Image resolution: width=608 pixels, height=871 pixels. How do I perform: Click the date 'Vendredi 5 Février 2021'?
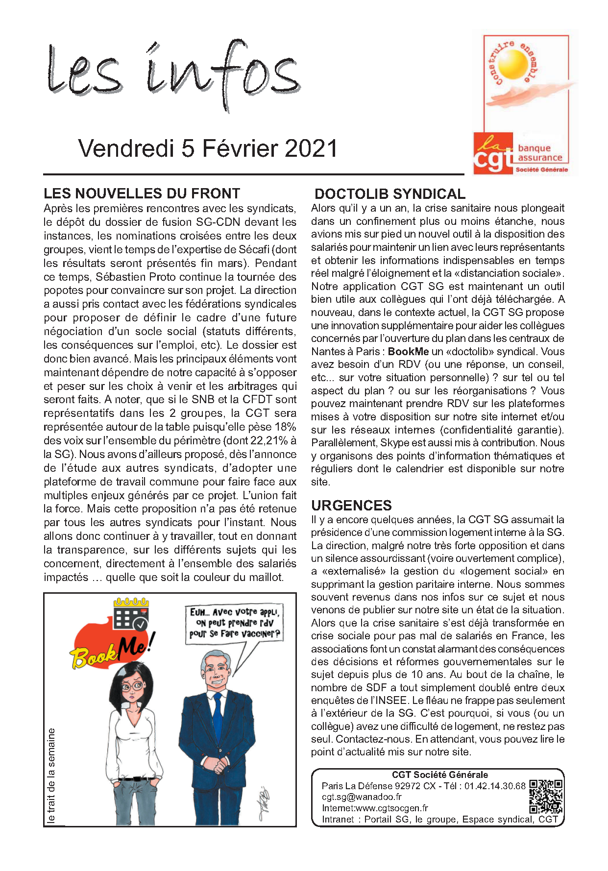[208, 148]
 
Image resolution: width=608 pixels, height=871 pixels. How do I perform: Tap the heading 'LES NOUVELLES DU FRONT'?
[142, 194]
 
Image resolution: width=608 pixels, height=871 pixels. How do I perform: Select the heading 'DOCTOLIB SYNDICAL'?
[389, 194]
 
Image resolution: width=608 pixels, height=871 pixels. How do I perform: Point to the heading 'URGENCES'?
[351, 506]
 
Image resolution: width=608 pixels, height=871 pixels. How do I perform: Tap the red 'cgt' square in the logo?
[493, 153]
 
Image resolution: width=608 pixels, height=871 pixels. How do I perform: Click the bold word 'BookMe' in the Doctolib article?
[408, 352]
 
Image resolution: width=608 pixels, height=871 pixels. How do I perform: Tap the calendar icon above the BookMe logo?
[131, 614]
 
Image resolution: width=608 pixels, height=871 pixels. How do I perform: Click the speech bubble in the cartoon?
[235, 624]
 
